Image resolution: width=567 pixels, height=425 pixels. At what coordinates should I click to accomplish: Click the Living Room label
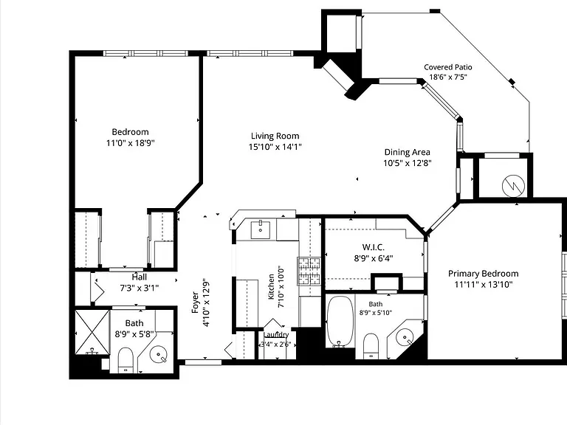(275, 136)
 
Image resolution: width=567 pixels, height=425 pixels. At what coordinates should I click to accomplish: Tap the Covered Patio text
(448, 67)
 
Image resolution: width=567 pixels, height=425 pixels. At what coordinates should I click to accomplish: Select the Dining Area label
(408, 152)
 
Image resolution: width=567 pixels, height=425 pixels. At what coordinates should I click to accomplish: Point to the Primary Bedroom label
(484, 274)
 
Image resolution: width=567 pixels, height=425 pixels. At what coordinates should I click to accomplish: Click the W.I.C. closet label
(373, 247)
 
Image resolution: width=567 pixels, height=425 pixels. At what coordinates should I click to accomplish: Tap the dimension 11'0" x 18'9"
(130, 143)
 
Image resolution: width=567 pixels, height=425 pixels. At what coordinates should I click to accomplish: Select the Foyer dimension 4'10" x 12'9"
(206, 302)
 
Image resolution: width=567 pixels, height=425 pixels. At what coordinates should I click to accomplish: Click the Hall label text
(140, 277)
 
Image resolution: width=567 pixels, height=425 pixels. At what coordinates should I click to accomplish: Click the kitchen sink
(261, 230)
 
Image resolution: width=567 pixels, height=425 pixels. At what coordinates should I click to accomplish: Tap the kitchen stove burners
(309, 271)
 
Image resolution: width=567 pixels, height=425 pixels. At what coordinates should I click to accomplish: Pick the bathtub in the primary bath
(340, 321)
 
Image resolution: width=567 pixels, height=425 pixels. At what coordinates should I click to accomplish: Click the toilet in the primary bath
(371, 346)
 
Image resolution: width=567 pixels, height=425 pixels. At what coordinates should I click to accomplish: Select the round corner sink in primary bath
(404, 338)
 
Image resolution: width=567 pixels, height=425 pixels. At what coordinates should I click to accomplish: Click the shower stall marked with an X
(92, 332)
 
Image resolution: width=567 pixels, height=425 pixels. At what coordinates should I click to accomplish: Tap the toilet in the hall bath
(126, 359)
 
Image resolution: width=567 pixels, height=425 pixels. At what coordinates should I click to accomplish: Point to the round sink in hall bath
(159, 354)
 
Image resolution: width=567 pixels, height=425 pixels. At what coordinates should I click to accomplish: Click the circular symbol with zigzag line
(514, 186)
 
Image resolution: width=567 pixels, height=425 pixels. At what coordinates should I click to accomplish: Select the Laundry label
(276, 335)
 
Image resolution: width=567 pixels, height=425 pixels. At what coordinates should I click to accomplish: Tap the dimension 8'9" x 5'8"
(134, 334)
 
